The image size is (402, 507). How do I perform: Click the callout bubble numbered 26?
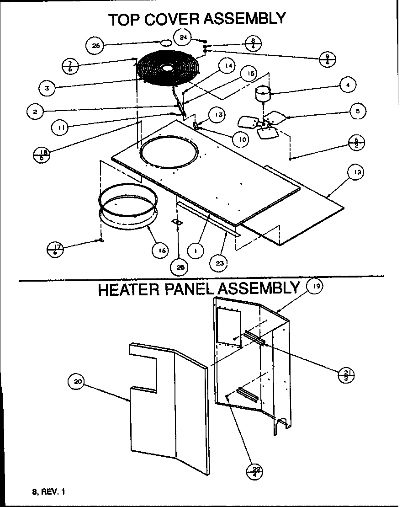point(95,45)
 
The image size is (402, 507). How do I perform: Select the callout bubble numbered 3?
point(48,88)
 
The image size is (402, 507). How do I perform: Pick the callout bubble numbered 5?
point(358,110)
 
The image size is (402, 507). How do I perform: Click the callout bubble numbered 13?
point(219,115)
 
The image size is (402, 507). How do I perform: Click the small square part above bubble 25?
point(177,222)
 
